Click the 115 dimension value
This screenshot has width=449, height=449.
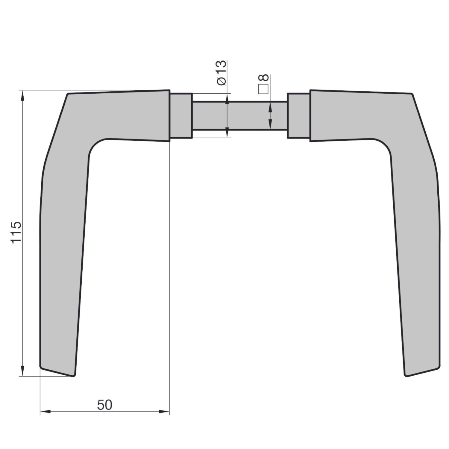pyautogui.click(x=16, y=233)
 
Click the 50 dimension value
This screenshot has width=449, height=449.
pyautogui.click(x=104, y=405)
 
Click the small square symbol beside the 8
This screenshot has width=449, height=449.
pyautogui.click(x=263, y=89)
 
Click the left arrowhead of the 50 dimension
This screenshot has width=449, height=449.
pyautogui.click(x=45, y=412)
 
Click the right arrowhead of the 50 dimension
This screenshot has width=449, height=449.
pyautogui.click(x=164, y=412)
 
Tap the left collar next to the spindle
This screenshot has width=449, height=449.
pyautogui.click(x=181, y=116)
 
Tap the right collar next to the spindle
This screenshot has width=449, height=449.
pyautogui.click(x=298, y=116)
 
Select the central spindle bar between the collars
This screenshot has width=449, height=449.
pyautogui.click(x=239, y=116)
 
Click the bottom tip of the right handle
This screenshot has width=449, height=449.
pyautogui.click(x=406, y=375)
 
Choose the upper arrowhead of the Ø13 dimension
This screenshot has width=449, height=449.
pyautogui.click(x=227, y=99)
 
